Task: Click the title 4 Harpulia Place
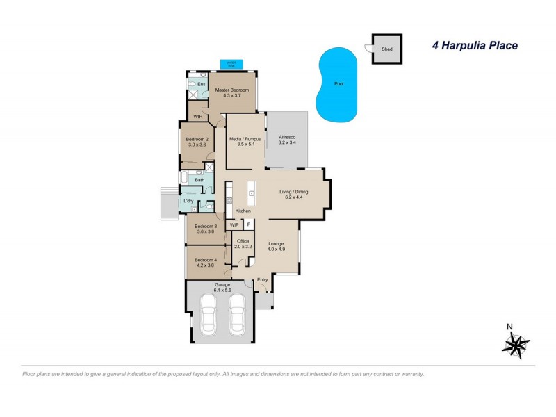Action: click(471, 46)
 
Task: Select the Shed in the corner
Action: click(387, 49)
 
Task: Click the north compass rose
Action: click(515, 343)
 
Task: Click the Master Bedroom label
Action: click(232, 90)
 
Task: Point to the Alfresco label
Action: click(288, 138)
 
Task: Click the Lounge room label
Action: click(277, 244)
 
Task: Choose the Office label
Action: click(243, 241)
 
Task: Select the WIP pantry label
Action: click(234, 225)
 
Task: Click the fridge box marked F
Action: click(248, 225)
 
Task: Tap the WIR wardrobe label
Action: click(197, 116)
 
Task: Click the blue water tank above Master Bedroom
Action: click(230, 64)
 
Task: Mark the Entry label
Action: click(262, 279)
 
